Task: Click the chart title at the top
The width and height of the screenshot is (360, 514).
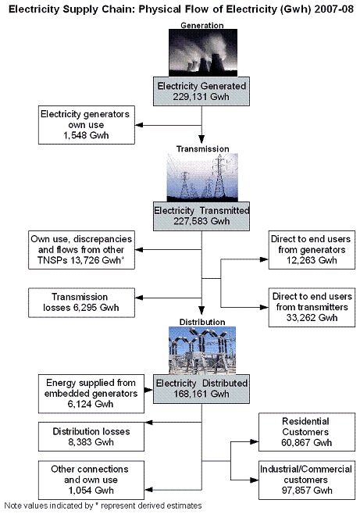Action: pos(180,9)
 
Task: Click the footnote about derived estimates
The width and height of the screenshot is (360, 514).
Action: pos(103,505)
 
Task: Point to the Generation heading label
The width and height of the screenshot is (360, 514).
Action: pos(202,25)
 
